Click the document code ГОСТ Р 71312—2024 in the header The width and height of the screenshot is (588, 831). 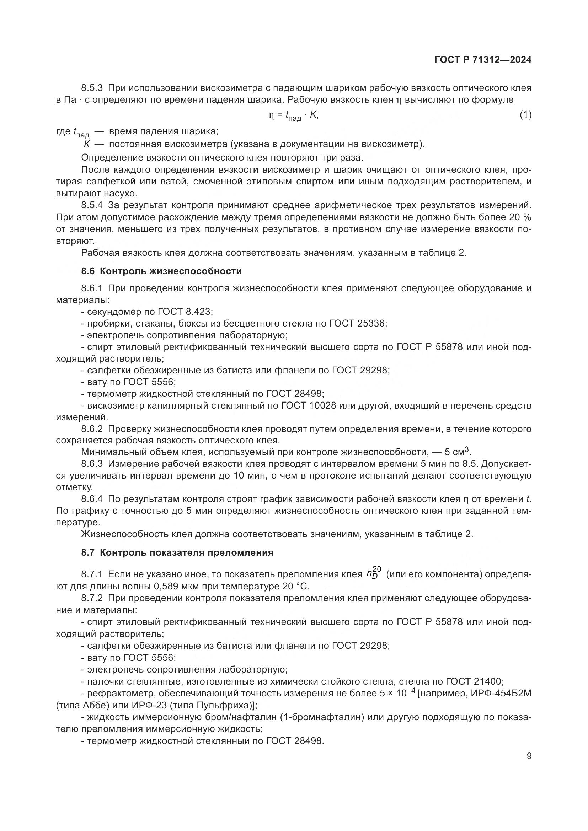tap(483, 60)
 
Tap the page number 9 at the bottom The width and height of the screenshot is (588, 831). tap(529, 756)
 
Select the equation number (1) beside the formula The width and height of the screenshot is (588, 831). tap(526, 115)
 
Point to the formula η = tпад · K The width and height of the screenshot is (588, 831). tap(293, 115)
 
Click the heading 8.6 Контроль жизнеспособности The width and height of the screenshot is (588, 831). tap(161, 271)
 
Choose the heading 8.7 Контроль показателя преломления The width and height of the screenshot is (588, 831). tap(177, 553)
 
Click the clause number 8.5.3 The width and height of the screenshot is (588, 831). tap(92, 88)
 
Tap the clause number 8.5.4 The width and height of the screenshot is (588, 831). tap(92, 206)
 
